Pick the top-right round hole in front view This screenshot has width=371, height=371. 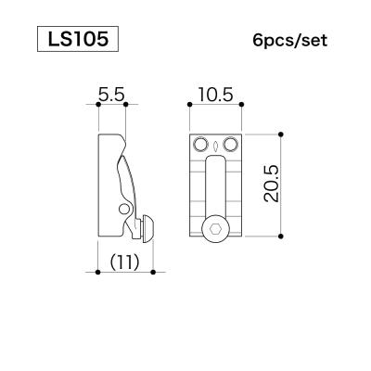(230, 146)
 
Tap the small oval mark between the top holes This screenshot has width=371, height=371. (215, 146)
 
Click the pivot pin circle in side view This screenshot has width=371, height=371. (124, 211)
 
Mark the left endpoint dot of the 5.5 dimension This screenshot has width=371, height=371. (98, 107)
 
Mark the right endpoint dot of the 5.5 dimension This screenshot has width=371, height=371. (125, 107)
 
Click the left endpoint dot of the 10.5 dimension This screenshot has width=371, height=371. (190, 107)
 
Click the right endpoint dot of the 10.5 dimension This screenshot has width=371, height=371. (241, 107)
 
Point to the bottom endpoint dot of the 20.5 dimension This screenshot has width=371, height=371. (280, 238)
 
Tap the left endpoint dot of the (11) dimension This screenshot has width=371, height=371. (98, 273)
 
